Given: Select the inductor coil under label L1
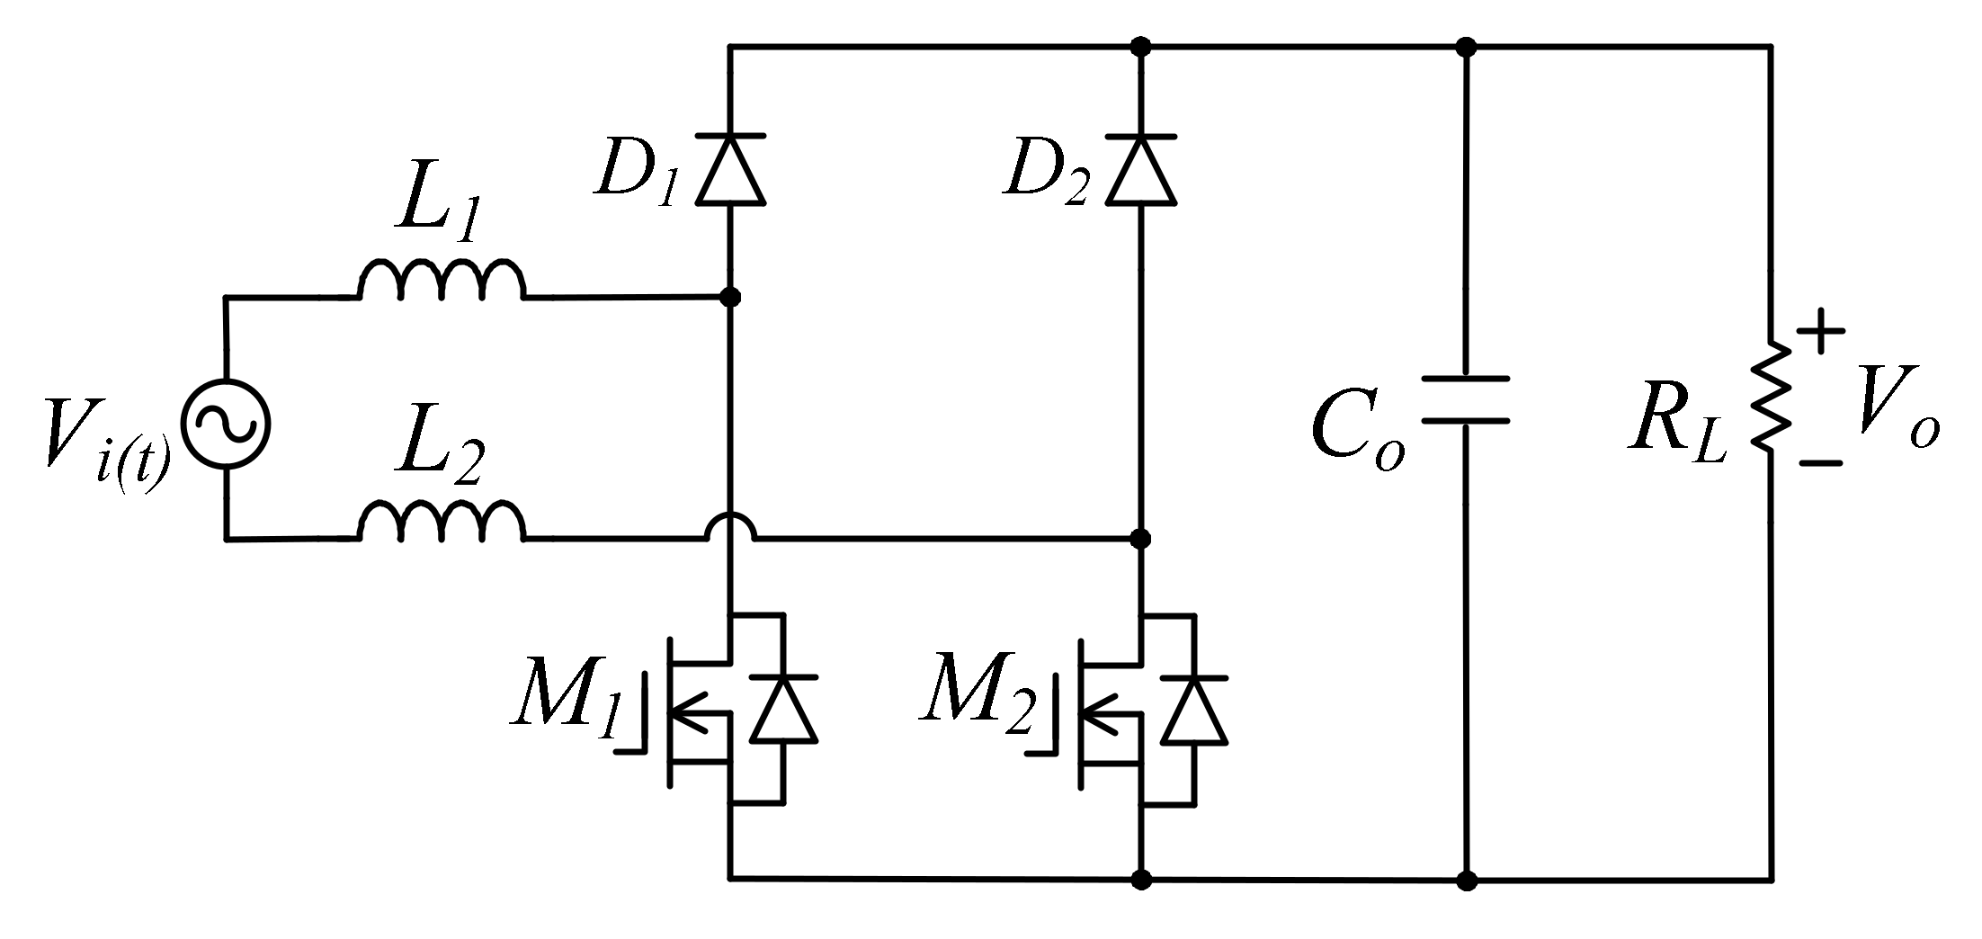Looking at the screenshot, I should coord(442,281).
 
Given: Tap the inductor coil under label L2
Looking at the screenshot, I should coord(442,523).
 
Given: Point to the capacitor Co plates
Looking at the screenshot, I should coord(1466,400).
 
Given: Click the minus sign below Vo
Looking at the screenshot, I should coord(1820,463).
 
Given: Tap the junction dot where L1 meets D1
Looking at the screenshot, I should coord(731,297).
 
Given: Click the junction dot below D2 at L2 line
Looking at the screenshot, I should coord(1141,539).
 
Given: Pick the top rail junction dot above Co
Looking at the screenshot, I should coord(1466,46).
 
